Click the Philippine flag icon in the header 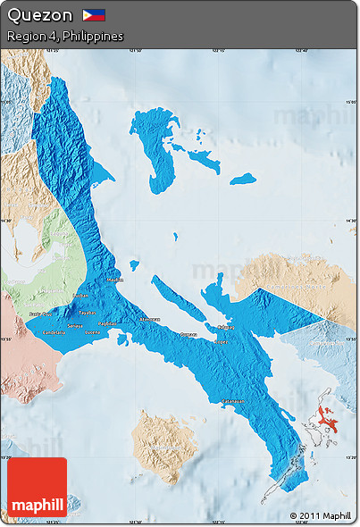point(94,15)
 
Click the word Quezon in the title point(39,15)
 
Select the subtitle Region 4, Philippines point(64,37)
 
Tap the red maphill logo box point(37,488)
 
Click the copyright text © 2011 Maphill point(320,515)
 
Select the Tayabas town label point(87,314)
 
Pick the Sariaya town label point(75,327)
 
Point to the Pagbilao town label point(106,323)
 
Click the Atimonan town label point(148,319)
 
